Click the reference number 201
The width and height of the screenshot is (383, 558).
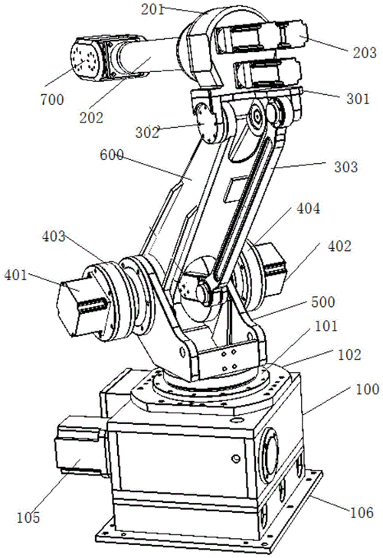point(152,10)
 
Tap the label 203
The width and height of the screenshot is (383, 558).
point(365,53)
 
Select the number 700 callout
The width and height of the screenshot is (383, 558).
point(52,100)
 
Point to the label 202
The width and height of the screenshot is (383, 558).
point(91,118)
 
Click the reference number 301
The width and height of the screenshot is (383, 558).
point(358,99)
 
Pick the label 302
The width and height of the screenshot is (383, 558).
point(147,132)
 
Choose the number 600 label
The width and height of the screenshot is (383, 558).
point(112,155)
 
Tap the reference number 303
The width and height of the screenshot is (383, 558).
point(345,167)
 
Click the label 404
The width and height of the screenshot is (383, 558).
point(308,208)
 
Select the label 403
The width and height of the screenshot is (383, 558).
point(54,237)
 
